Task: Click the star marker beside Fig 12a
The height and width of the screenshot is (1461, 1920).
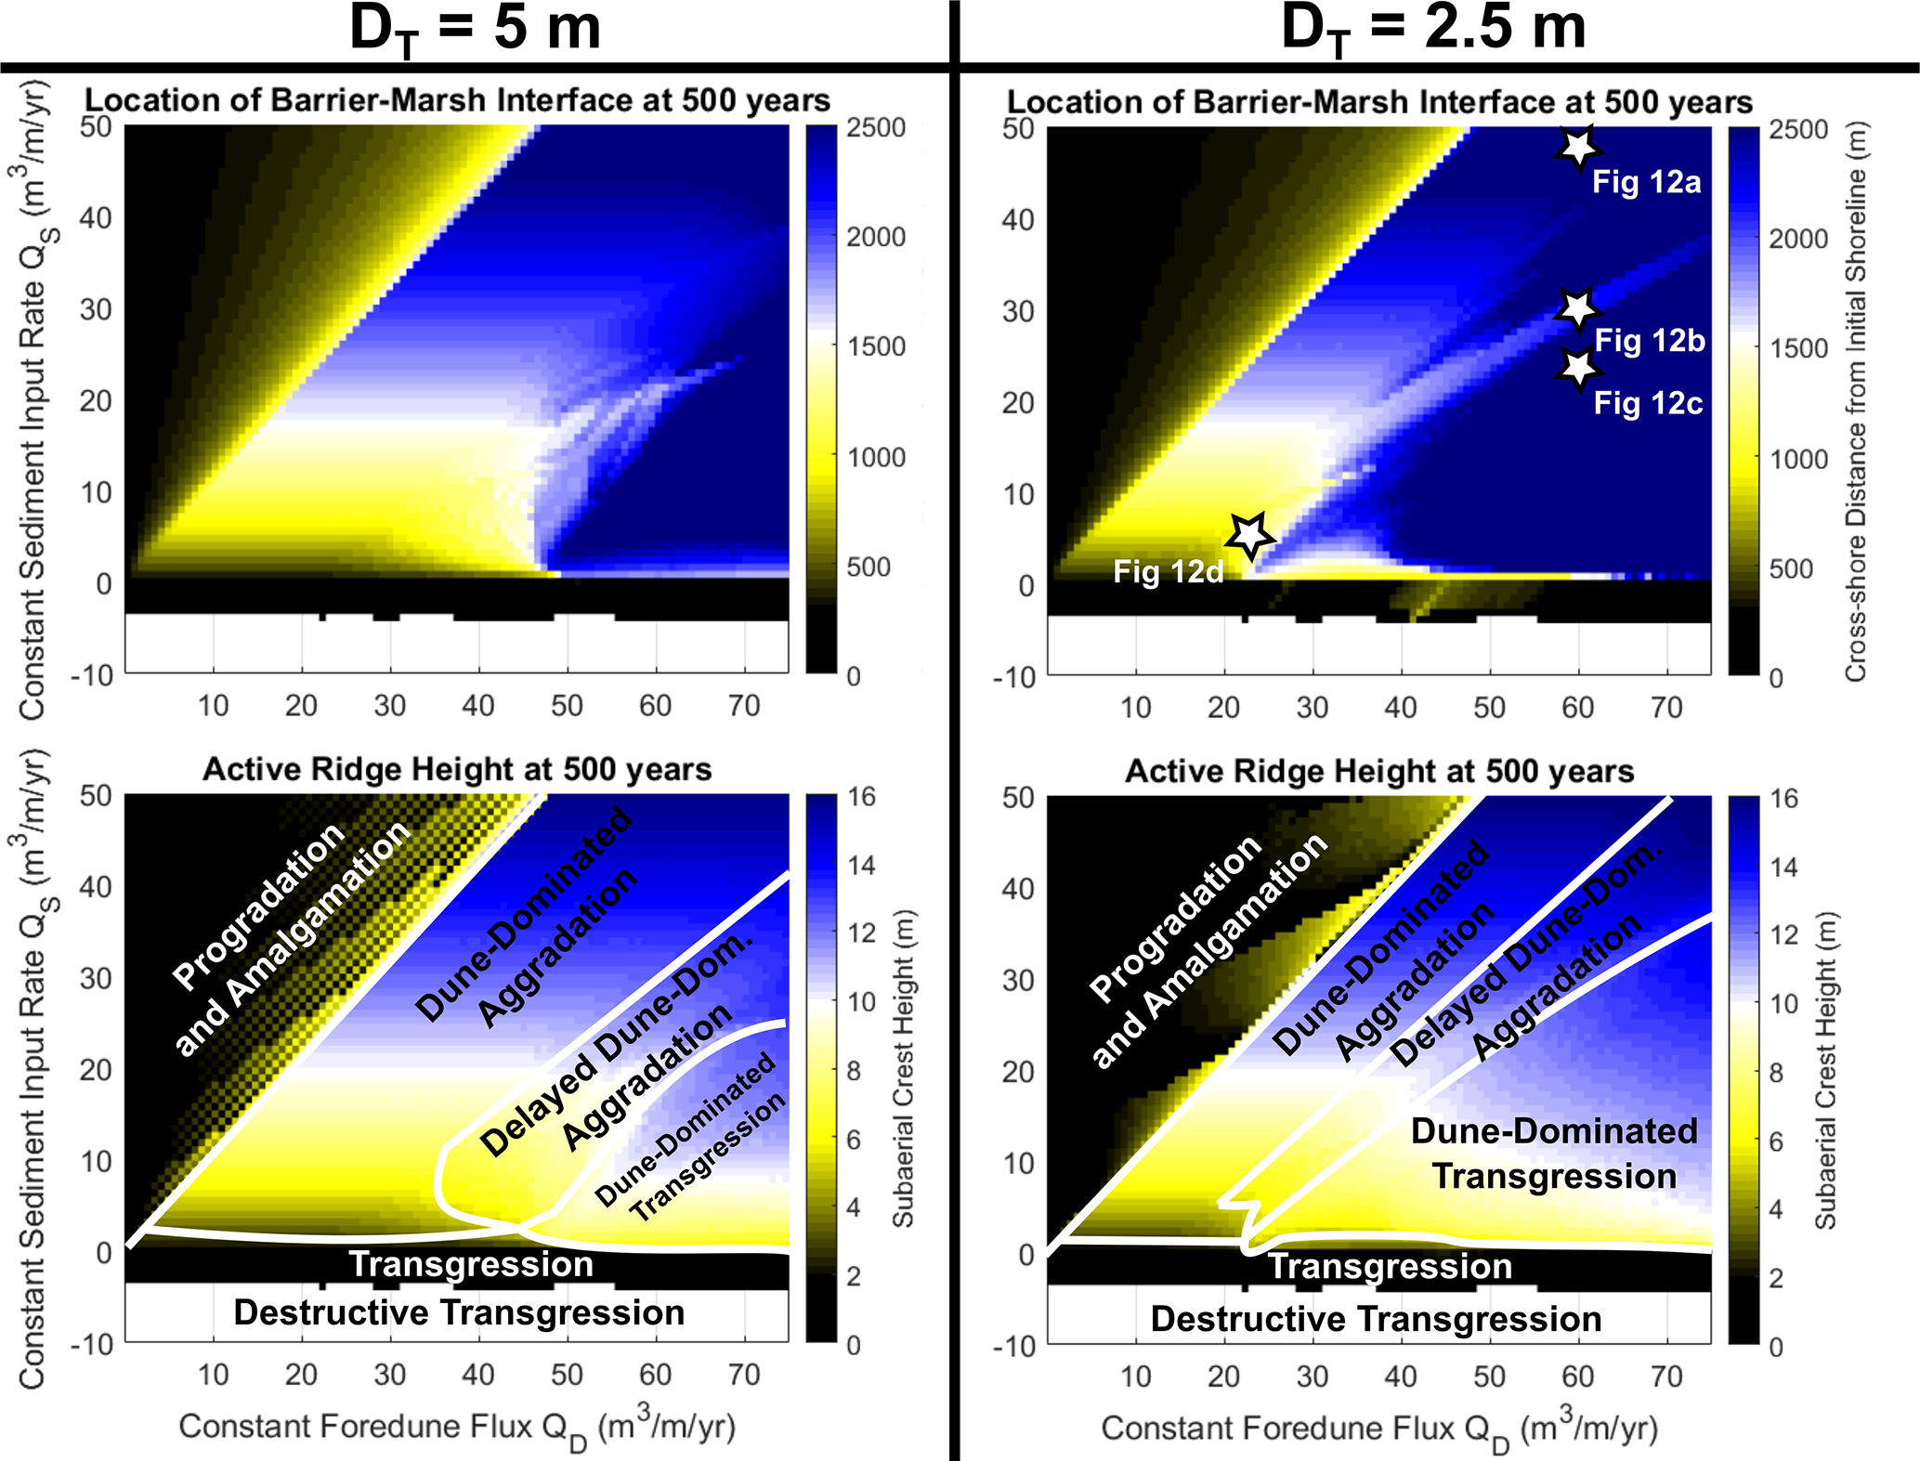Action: pyautogui.click(x=1577, y=147)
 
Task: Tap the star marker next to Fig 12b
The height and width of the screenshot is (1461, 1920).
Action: pyautogui.click(x=1577, y=308)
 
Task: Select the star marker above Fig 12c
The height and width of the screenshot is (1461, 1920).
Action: pyautogui.click(x=1577, y=369)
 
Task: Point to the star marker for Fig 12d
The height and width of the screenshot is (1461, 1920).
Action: pyautogui.click(x=1249, y=535)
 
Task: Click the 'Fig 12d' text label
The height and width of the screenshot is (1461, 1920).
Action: pyautogui.click(x=1168, y=571)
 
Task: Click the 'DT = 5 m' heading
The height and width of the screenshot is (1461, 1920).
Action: pyautogui.click(x=475, y=30)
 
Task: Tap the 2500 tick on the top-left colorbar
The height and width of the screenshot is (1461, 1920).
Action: pyautogui.click(x=875, y=127)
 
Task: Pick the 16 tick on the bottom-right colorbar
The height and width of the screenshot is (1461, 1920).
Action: pyautogui.click(x=1783, y=799)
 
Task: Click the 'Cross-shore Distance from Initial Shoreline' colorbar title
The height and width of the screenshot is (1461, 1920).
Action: pyautogui.click(x=1855, y=401)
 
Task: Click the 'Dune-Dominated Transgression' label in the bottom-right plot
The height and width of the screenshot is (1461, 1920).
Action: pyautogui.click(x=1554, y=1154)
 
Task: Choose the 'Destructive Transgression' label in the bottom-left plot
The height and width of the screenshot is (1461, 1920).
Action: pyautogui.click(x=459, y=1312)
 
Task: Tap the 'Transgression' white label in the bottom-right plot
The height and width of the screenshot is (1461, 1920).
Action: pyautogui.click(x=1390, y=1266)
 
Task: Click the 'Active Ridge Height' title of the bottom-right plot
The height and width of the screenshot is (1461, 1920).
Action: pyautogui.click(x=1379, y=771)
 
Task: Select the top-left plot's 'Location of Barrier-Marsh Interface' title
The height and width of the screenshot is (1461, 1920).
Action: pyautogui.click(x=457, y=100)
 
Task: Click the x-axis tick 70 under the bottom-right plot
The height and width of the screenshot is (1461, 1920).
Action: pyautogui.click(x=1666, y=1376)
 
